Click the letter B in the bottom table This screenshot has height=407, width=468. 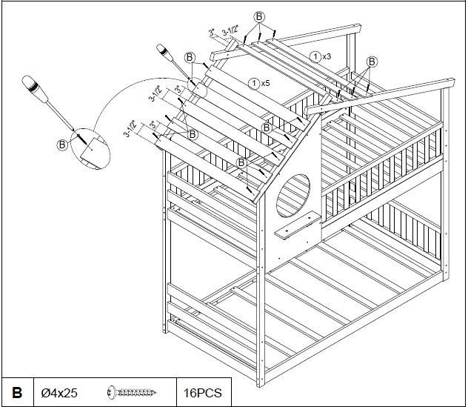click(17, 391)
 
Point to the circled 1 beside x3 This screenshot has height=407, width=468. click(315, 56)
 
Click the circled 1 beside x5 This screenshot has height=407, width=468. click(254, 83)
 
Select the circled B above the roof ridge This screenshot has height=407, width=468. click(258, 16)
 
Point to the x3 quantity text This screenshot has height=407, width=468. click(327, 56)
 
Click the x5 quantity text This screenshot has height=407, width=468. click(265, 83)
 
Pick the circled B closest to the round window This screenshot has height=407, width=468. click(241, 162)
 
